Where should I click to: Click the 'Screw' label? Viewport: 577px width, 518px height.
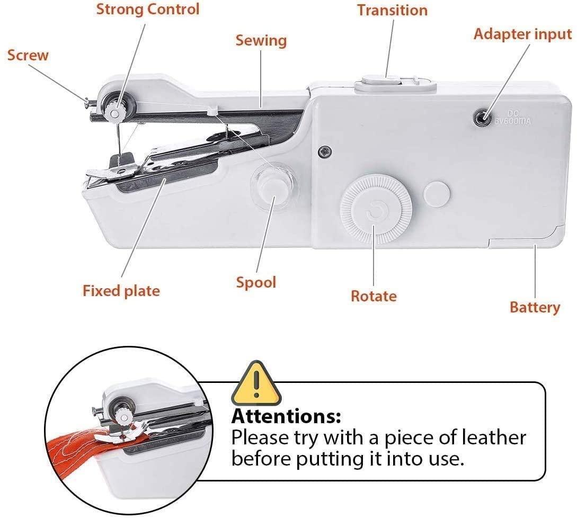[x=28, y=55]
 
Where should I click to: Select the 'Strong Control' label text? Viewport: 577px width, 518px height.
[x=148, y=9]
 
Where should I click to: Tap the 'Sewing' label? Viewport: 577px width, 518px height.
[x=261, y=40]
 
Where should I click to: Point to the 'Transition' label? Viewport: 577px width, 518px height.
[x=392, y=10]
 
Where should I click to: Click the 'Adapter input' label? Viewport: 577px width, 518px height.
[x=522, y=34]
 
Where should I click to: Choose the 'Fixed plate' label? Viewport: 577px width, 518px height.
[x=121, y=291]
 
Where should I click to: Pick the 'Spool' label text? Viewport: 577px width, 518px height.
[x=256, y=282]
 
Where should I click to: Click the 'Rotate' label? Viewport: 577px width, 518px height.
[x=374, y=296]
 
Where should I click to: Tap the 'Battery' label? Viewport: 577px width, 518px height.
[x=535, y=308]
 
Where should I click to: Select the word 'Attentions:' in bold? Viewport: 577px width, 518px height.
[x=286, y=416]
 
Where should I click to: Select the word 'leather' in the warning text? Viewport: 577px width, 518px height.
[x=494, y=438]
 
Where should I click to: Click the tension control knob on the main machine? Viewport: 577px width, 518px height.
[x=116, y=110]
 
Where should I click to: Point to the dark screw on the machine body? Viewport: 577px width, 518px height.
[x=324, y=151]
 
